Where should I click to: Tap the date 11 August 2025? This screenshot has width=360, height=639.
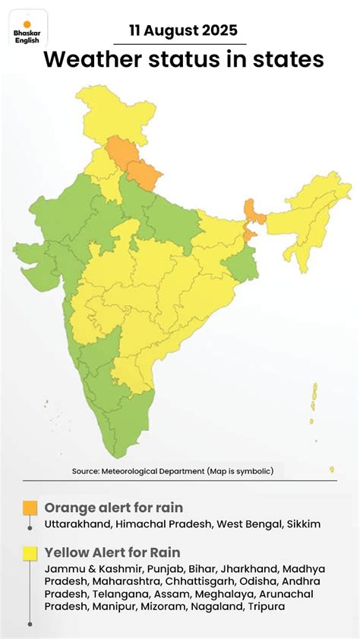pos(182,31)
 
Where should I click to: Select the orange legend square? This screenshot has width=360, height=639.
pos(30,507)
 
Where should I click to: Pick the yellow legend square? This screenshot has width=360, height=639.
pos(30,552)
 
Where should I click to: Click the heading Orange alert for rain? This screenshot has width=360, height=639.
pos(113,507)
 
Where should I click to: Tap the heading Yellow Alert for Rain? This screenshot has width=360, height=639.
pos(112,552)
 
